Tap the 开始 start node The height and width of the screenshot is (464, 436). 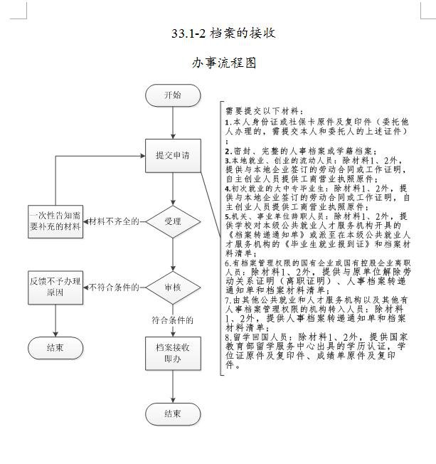click(172, 95)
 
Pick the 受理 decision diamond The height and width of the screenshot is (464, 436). click(172, 221)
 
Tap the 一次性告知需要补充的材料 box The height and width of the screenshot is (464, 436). click(55, 221)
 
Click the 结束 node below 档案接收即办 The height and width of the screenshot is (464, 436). click(172, 413)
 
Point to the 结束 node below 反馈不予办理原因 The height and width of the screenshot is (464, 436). click(55, 347)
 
